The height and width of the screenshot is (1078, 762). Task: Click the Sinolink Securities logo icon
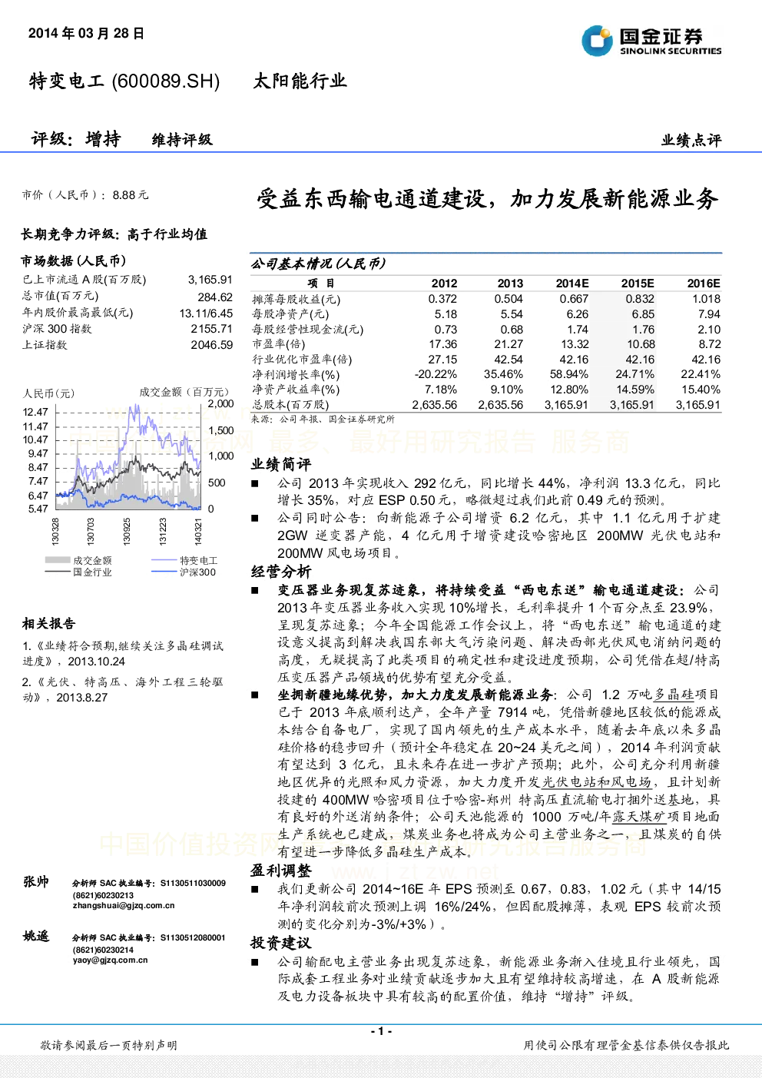click(x=597, y=41)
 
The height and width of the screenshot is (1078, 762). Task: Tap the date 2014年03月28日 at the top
click(x=86, y=33)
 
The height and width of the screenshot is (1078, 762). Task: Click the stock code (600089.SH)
click(x=165, y=81)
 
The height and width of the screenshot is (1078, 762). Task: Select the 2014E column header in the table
click(x=572, y=284)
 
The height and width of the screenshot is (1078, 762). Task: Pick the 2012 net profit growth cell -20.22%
click(x=436, y=374)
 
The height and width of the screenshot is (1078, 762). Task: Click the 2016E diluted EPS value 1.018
click(x=706, y=299)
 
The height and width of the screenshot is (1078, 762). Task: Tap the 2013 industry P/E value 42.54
click(x=509, y=360)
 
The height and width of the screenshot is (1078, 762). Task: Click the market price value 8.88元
click(x=131, y=195)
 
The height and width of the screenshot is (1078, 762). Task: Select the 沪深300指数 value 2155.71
click(x=212, y=329)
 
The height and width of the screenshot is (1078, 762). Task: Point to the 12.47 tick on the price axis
click(x=35, y=412)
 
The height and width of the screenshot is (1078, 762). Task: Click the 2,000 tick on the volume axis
click(x=220, y=403)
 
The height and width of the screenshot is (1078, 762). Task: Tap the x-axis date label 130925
click(x=127, y=531)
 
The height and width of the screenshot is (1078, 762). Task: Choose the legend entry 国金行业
click(x=92, y=572)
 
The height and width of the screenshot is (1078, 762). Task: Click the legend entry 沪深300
click(x=197, y=572)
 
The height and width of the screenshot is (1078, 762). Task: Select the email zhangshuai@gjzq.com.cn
click(x=124, y=905)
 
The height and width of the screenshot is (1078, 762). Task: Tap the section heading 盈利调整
click(x=281, y=870)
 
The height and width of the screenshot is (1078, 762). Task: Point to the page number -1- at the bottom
click(x=382, y=1031)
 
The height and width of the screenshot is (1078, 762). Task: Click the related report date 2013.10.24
click(x=96, y=662)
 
